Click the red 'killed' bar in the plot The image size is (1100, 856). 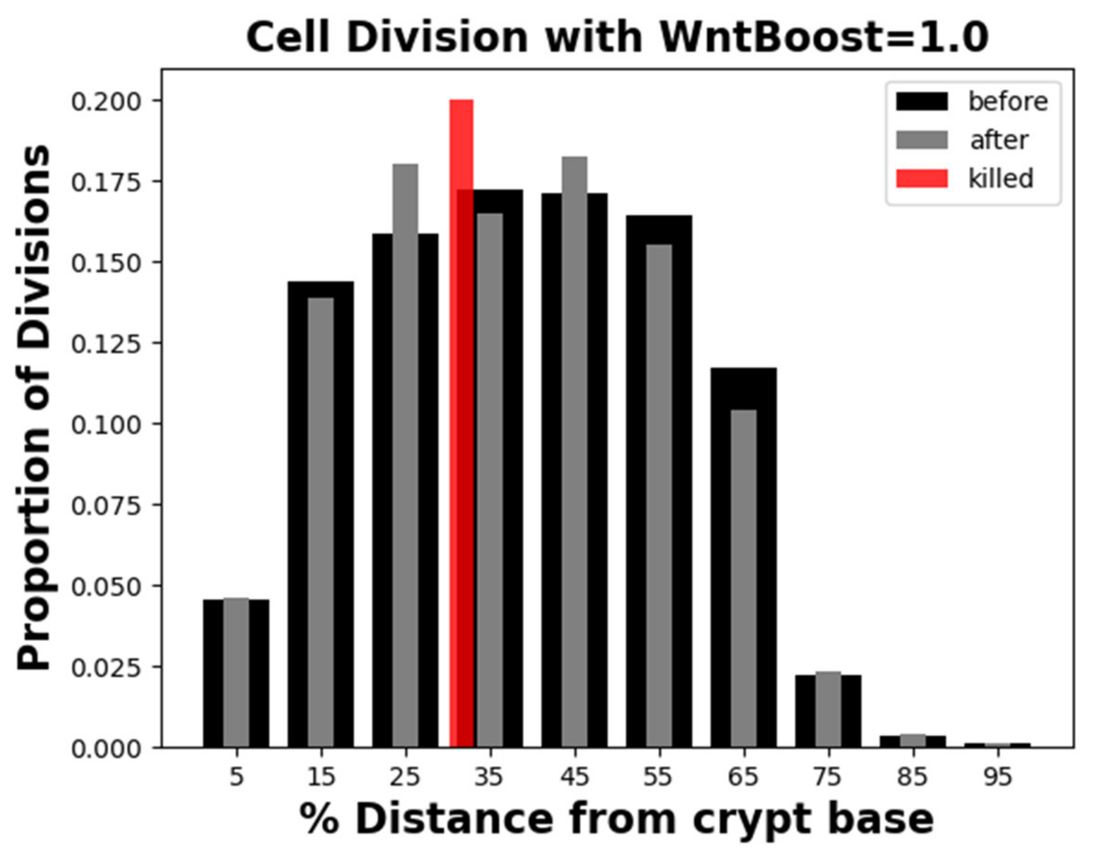point(461,423)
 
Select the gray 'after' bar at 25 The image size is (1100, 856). point(405,454)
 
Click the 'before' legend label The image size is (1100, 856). point(1008,102)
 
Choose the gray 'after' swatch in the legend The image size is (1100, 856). point(922,140)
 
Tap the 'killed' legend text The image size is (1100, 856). point(1000,179)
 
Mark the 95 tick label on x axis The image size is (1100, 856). point(997,777)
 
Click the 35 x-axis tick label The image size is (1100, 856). point(489,777)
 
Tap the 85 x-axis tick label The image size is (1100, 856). point(913,777)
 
